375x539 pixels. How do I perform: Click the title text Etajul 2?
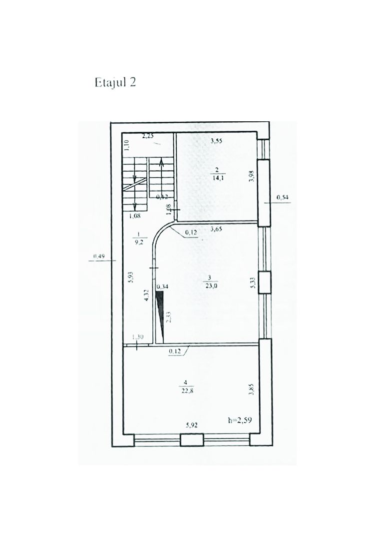[115, 82]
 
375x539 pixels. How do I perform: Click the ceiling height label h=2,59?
[239, 420]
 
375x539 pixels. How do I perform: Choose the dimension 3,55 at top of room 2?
[216, 141]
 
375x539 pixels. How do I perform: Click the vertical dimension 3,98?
[253, 176]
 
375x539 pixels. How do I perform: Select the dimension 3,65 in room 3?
[216, 230]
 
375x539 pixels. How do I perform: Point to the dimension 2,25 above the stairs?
[147, 135]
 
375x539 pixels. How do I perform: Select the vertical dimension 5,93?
[130, 277]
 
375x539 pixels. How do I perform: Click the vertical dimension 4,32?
[147, 296]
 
